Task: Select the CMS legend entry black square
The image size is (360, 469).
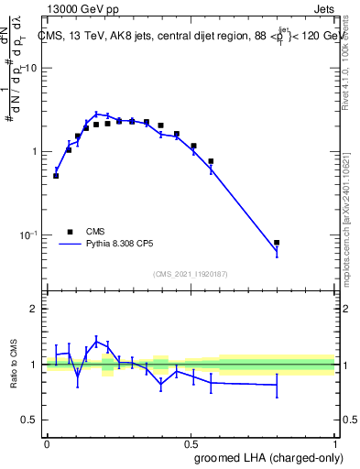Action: click(x=70, y=232)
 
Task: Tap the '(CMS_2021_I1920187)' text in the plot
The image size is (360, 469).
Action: click(x=191, y=273)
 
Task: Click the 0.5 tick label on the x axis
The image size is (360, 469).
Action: click(x=191, y=442)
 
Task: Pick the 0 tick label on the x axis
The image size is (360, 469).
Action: click(x=47, y=442)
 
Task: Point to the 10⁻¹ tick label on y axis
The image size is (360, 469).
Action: click(x=27, y=235)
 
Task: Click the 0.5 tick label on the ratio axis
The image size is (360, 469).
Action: click(x=29, y=420)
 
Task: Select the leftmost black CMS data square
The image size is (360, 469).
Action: click(x=56, y=175)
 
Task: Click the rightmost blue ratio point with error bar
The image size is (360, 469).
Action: click(x=277, y=385)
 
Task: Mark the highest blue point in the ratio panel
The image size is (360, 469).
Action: click(x=96, y=342)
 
